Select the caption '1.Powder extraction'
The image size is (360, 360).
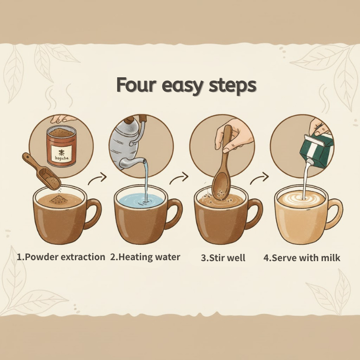click(x=61, y=257)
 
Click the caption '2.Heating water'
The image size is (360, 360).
click(x=145, y=257)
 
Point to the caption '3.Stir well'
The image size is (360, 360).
click(x=223, y=258)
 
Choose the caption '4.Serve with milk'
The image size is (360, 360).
click(x=302, y=258)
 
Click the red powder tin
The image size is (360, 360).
click(x=61, y=146)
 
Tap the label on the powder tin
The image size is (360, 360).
click(x=61, y=153)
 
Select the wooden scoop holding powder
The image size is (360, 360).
click(x=42, y=171)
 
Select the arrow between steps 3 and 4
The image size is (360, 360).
click(x=259, y=179)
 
